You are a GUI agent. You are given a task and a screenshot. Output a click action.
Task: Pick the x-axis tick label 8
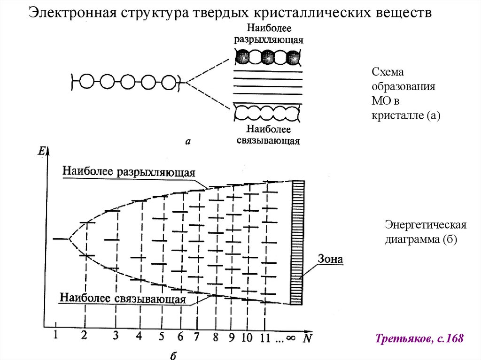pyautogui.click(x=215, y=337)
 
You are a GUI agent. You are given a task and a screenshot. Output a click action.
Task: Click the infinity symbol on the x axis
pyautogui.click(x=291, y=337)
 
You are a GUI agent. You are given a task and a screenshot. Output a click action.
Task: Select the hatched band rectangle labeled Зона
pyautogui.click(x=296, y=242)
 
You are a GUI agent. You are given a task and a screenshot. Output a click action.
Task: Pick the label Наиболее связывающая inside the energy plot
pyautogui.click(x=123, y=298)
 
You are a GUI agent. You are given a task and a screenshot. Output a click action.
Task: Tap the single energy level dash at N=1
pyautogui.click(x=61, y=239)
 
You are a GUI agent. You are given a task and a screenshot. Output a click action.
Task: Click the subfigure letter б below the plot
pyautogui.click(x=173, y=356)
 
